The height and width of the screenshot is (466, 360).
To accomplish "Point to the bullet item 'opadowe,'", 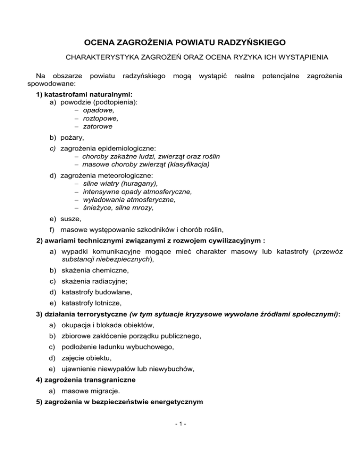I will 98,110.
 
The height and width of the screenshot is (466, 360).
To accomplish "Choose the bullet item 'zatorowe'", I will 97,126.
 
